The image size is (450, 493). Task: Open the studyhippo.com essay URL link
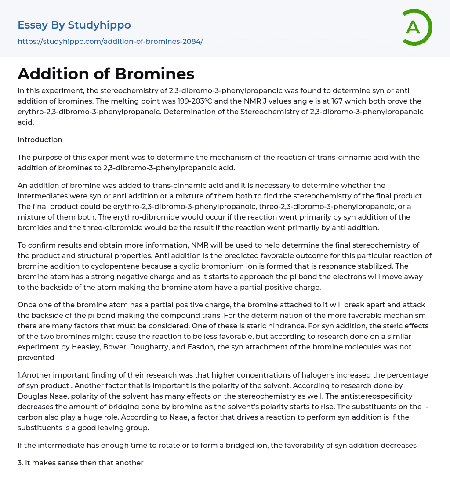coord(110,41)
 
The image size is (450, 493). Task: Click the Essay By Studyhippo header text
coord(74,25)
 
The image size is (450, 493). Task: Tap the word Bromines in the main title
coord(155,74)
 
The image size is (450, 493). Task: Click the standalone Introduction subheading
coord(40,140)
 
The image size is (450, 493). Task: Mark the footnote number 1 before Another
coord(19,375)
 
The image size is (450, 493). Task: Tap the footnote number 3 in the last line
coord(20,463)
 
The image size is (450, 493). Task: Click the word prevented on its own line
coord(36,357)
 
